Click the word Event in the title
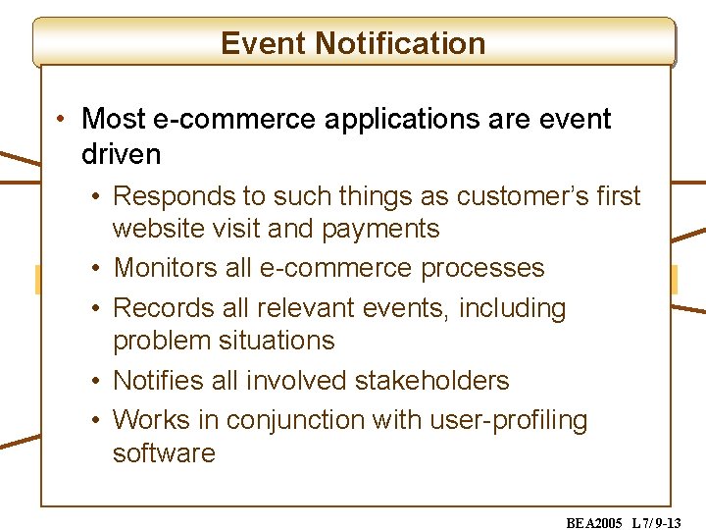tap(263, 43)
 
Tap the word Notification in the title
tap(400, 43)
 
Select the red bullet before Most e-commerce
tap(61, 119)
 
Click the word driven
tap(122, 154)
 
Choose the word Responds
tap(175, 197)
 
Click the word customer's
tap(523, 196)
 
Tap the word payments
tap(380, 230)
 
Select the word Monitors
tap(166, 267)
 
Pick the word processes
tap(482, 269)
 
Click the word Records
tap(164, 308)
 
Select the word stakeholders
tap(432, 380)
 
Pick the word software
tap(164, 452)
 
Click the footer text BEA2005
tap(594, 523)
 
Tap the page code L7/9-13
tap(656, 523)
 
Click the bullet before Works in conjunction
tap(95, 420)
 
